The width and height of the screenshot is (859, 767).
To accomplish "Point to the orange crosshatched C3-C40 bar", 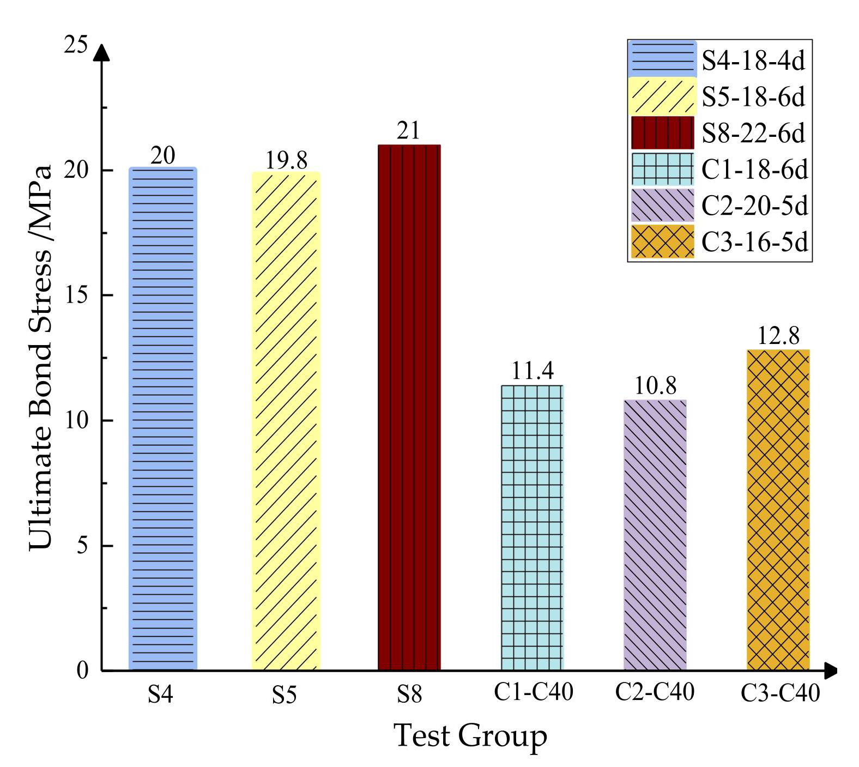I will pyautogui.click(x=778, y=510).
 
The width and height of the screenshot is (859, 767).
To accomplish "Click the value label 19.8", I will pyautogui.click(x=286, y=160).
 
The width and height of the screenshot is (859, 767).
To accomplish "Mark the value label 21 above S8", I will pyautogui.click(x=408, y=131).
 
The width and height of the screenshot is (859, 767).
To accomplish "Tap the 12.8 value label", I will pyautogui.click(x=778, y=336).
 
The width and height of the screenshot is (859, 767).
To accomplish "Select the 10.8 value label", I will pyautogui.click(x=655, y=386).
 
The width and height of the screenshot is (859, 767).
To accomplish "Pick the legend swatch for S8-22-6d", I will pyautogui.click(x=662, y=132).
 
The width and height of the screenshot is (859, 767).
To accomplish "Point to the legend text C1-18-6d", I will pyautogui.click(x=754, y=170).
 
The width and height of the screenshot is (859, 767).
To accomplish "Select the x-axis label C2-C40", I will pyautogui.click(x=655, y=692).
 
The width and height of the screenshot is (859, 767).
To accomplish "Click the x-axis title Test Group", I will pyautogui.click(x=470, y=736).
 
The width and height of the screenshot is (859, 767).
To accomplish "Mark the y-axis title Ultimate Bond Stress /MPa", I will pyautogui.click(x=41, y=357).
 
